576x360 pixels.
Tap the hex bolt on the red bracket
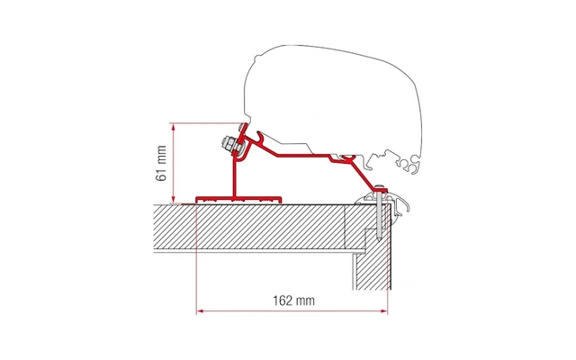[x=224, y=144]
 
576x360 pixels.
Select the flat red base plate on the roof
[x=239, y=196]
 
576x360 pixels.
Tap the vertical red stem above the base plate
[x=237, y=176]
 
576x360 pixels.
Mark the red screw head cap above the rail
[x=382, y=187]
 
